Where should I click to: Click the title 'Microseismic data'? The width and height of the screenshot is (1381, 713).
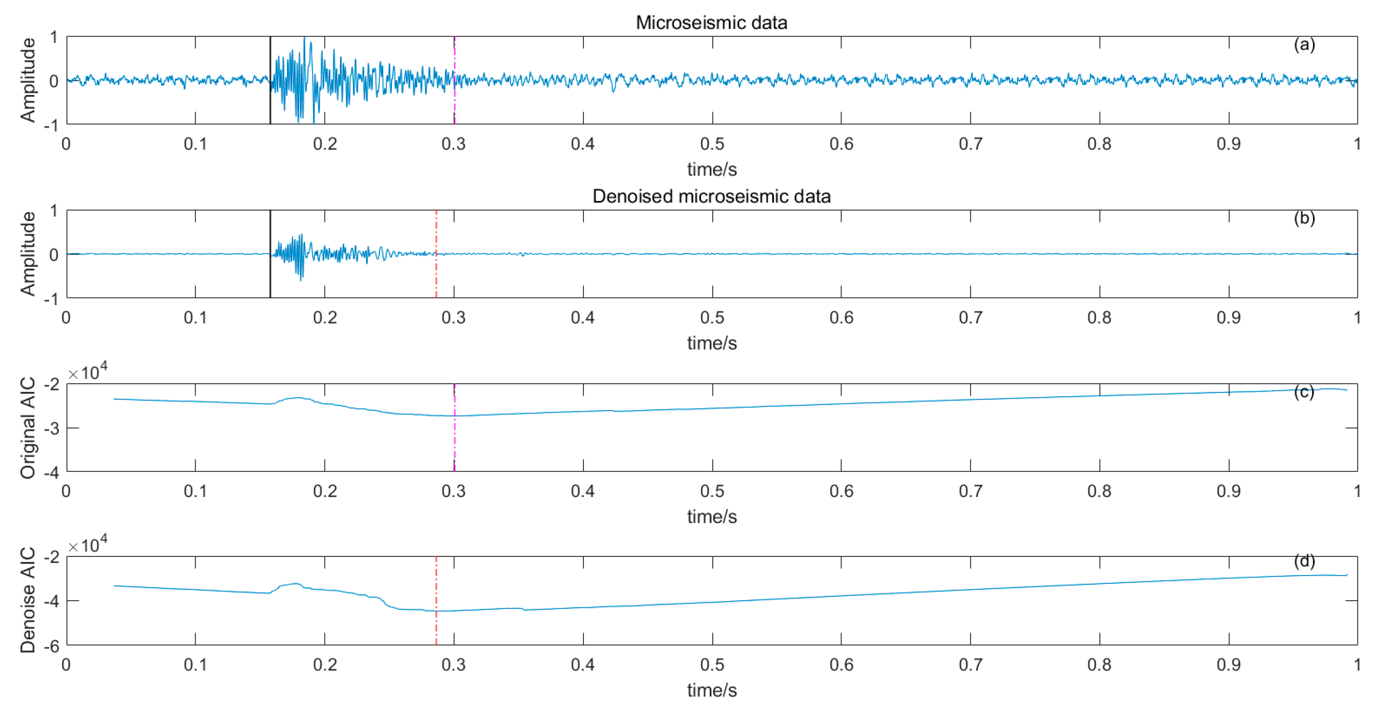click(711, 23)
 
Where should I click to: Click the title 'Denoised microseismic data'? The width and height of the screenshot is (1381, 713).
click(711, 196)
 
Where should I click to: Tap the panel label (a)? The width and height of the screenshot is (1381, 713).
click(1304, 44)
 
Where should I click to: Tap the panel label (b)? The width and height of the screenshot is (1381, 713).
click(1304, 218)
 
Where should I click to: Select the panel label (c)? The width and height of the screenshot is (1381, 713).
click(1304, 392)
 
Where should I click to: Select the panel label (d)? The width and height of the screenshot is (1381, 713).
click(1304, 561)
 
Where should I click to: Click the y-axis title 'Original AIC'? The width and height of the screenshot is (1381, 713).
click(28, 427)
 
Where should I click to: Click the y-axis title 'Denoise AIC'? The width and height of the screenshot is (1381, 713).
click(28, 600)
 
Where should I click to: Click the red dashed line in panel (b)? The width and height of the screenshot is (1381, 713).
click(436, 279)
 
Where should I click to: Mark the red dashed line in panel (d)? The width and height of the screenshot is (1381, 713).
click(436, 627)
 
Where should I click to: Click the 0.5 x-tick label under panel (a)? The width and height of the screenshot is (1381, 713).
click(712, 144)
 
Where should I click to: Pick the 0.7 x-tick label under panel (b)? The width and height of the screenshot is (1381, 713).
click(970, 317)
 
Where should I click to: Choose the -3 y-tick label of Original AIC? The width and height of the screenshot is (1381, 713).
click(51, 429)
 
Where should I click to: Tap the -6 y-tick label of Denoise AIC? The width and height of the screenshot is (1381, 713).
click(51, 646)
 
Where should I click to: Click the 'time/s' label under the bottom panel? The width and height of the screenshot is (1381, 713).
click(712, 690)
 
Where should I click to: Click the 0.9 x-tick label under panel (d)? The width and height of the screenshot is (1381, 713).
click(1228, 665)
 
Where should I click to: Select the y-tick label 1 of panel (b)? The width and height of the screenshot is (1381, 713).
click(54, 211)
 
